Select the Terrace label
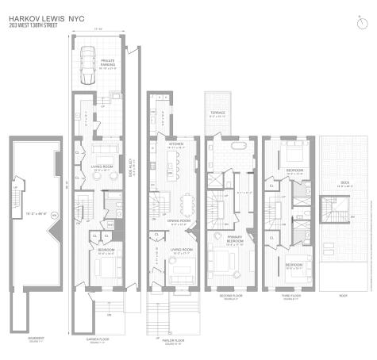[217, 113]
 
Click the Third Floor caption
[283, 297]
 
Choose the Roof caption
[343, 297]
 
